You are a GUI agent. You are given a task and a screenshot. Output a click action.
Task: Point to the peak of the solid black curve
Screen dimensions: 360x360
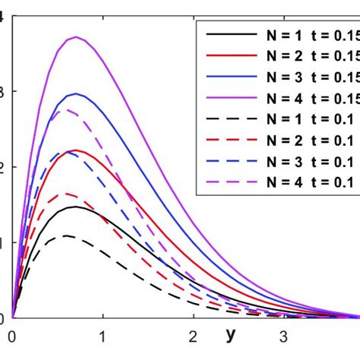coord(74,207)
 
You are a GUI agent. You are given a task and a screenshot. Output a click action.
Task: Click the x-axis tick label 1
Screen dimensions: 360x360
coord(103,335)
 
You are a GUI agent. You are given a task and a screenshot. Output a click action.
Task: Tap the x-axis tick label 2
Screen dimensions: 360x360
coord(193,335)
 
